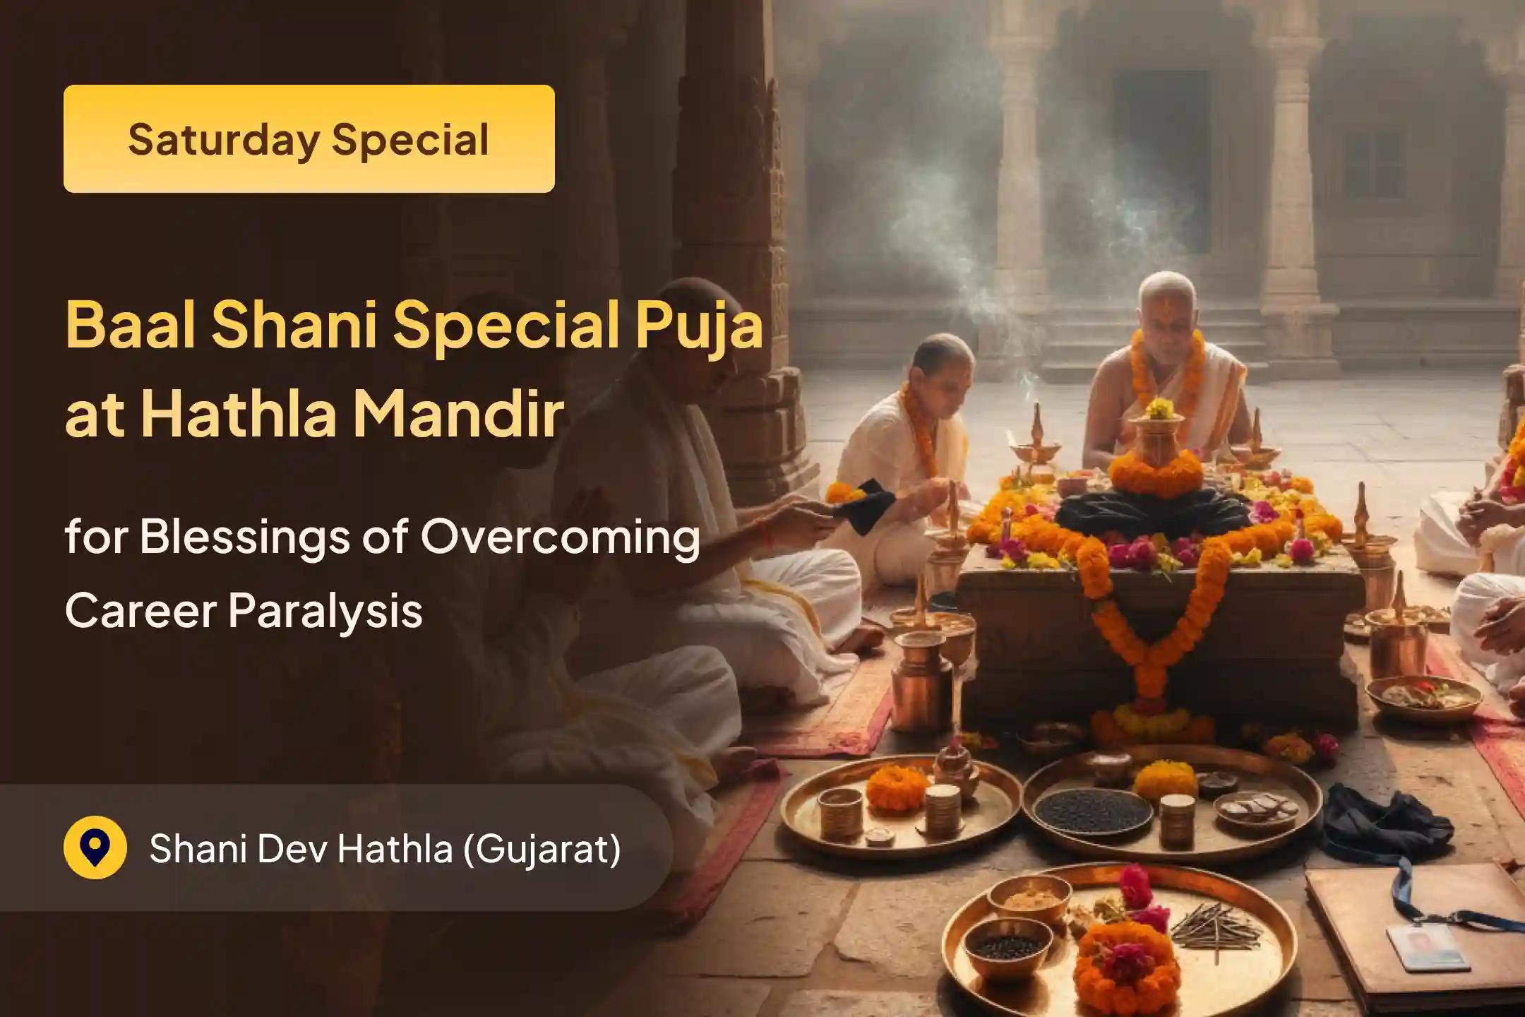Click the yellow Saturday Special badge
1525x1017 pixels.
coord(309,138)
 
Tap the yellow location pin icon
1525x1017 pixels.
coord(95,847)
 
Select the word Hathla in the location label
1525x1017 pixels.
coord(395,848)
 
